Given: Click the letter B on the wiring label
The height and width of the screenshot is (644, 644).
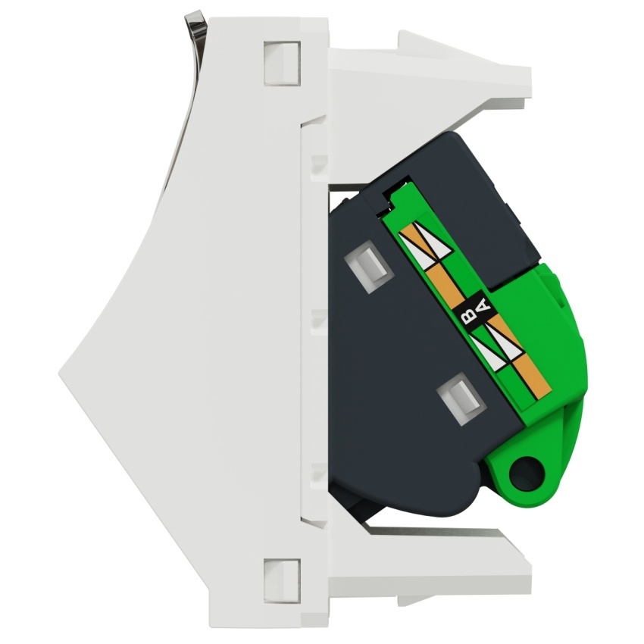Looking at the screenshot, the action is tap(467, 316).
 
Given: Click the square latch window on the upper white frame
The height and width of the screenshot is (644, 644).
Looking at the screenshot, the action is tap(282, 63).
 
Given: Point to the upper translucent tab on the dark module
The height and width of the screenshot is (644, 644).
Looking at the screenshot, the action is tap(367, 269).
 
